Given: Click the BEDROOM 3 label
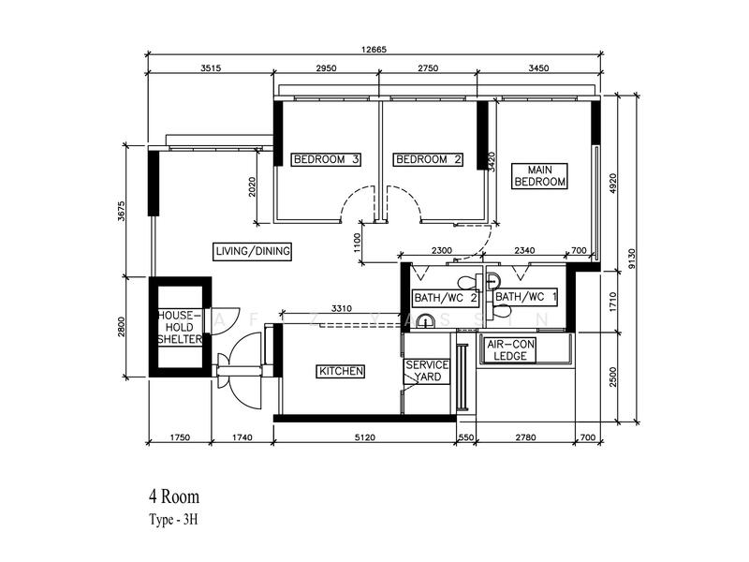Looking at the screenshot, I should (x=327, y=159).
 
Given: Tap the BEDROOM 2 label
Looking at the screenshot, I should (x=429, y=159).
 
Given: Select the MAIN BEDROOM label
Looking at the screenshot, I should (x=539, y=175).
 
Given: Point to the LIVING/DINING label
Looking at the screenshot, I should (x=253, y=251).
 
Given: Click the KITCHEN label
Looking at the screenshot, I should (x=341, y=372).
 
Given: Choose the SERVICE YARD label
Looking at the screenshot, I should (x=427, y=371).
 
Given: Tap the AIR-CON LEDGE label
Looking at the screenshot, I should (x=510, y=350).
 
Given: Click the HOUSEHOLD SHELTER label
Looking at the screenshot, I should (x=180, y=327).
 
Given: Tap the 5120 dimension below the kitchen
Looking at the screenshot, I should (x=365, y=437).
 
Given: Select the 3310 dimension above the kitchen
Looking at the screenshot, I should (x=341, y=307).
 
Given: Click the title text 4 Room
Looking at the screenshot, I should (x=174, y=495).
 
